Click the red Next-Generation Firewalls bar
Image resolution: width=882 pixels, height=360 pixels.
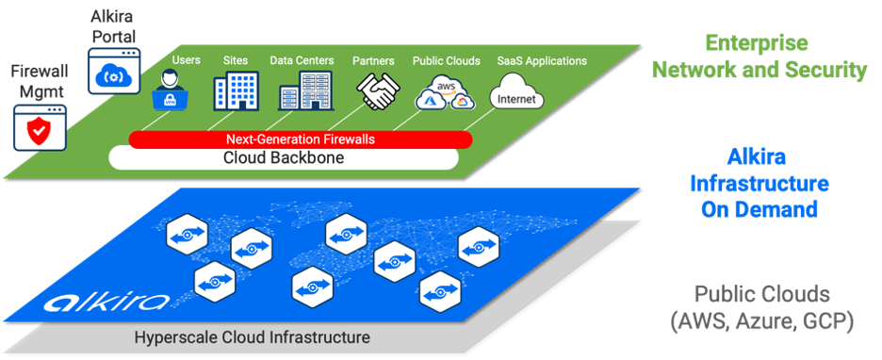click(301, 139)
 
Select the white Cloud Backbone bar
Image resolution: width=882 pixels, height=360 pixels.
click(283, 157)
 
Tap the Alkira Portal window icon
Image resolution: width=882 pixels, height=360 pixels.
click(114, 71)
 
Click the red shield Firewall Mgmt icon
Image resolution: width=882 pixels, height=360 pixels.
click(40, 127)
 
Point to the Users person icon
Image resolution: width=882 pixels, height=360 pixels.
click(171, 89)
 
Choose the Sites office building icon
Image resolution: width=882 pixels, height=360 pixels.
click(236, 90)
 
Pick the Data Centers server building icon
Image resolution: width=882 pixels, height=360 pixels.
click(306, 90)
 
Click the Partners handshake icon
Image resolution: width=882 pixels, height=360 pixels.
click(378, 90)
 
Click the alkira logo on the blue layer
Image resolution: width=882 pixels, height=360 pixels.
click(106, 303)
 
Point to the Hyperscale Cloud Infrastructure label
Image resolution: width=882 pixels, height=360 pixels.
click(253, 337)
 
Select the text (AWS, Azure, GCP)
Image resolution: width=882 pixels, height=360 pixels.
click(761, 322)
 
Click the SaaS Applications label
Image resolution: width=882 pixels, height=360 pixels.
click(542, 60)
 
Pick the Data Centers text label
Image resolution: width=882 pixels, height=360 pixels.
click(302, 60)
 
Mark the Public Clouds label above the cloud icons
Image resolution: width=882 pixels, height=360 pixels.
click(446, 60)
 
